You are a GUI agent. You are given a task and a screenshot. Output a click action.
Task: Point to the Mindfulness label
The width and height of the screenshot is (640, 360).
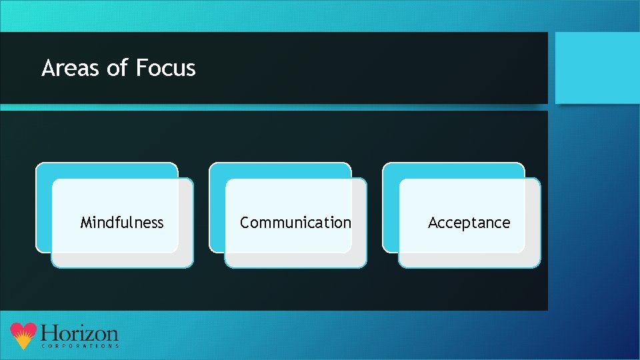(122, 223)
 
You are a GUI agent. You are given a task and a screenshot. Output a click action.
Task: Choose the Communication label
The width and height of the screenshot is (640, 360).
(295, 223)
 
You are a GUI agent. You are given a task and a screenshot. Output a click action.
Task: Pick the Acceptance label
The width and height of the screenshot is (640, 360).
(469, 223)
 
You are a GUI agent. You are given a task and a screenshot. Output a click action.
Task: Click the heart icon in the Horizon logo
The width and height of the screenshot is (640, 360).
(23, 335)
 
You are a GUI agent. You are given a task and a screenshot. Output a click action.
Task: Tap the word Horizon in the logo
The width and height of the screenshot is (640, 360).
(79, 333)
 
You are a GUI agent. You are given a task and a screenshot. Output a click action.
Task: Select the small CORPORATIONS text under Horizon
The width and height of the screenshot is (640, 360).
(80, 347)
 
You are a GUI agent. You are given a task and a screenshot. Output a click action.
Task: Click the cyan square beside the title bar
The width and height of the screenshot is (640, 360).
(597, 67)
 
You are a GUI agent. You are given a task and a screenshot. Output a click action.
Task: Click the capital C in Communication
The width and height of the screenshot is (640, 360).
(245, 223)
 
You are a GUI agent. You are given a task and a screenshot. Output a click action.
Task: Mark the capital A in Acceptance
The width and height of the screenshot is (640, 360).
(433, 223)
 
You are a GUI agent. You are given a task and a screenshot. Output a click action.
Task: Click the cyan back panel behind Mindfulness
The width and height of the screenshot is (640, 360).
(107, 171)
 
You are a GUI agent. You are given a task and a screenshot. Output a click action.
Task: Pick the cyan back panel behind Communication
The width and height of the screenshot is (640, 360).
(280, 171)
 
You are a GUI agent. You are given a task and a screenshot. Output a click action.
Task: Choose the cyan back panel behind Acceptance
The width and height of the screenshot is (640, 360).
(453, 171)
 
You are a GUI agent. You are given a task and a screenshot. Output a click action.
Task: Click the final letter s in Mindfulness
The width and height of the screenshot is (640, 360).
(160, 223)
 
